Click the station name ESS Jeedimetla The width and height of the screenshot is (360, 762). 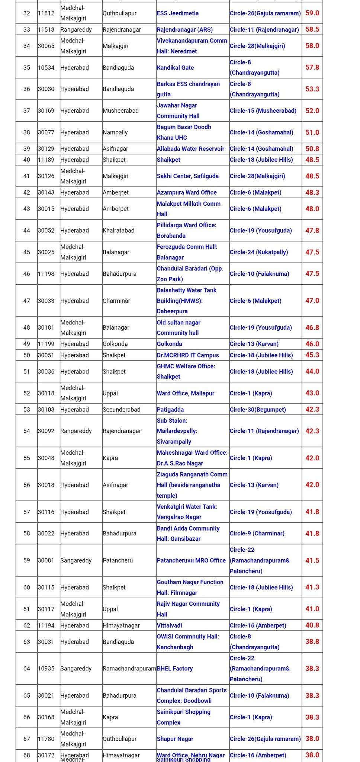(177, 13)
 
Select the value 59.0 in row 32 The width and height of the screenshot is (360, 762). (312, 13)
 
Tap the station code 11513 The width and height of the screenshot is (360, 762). (46, 29)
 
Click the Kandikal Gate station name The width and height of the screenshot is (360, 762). (175, 68)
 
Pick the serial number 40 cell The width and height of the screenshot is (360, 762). (27, 160)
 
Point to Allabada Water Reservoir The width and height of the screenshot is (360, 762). (190, 149)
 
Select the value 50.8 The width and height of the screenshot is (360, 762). (312, 149)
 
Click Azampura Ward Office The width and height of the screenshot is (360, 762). (187, 192)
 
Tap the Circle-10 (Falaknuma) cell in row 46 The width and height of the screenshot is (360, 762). (259, 274)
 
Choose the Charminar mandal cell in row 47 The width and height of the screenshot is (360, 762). (116, 301)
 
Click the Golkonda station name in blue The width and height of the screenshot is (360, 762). (169, 344)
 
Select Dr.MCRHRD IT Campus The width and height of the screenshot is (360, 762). (188, 355)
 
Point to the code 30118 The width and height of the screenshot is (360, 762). (46, 393)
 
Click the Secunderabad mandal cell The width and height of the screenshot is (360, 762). (122, 410)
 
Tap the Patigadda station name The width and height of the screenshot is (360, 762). (170, 410)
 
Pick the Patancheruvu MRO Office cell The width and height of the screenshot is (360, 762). (191, 560)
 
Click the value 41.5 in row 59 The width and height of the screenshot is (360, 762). (312, 560)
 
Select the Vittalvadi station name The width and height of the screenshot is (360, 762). (169, 625)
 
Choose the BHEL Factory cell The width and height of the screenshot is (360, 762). (175, 669)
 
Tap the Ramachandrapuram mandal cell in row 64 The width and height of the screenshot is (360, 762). (129, 669)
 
